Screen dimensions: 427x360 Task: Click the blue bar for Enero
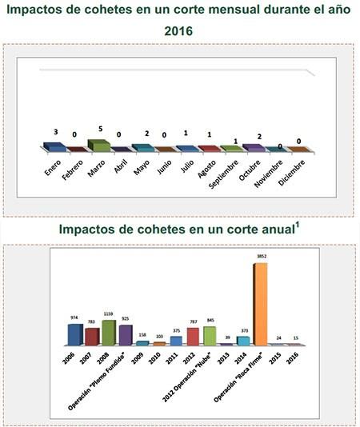(x=54, y=146)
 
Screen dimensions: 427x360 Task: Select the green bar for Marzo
(x=98, y=145)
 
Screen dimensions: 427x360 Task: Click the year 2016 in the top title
(x=180, y=31)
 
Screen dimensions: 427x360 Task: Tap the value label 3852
(x=261, y=257)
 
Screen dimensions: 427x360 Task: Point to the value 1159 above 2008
(x=109, y=314)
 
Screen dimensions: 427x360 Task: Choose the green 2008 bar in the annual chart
(x=109, y=332)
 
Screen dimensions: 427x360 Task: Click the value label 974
(x=74, y=317)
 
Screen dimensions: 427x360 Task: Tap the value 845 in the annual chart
(x=210, y=320)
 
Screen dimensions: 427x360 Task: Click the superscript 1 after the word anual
(x=298, y=224)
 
